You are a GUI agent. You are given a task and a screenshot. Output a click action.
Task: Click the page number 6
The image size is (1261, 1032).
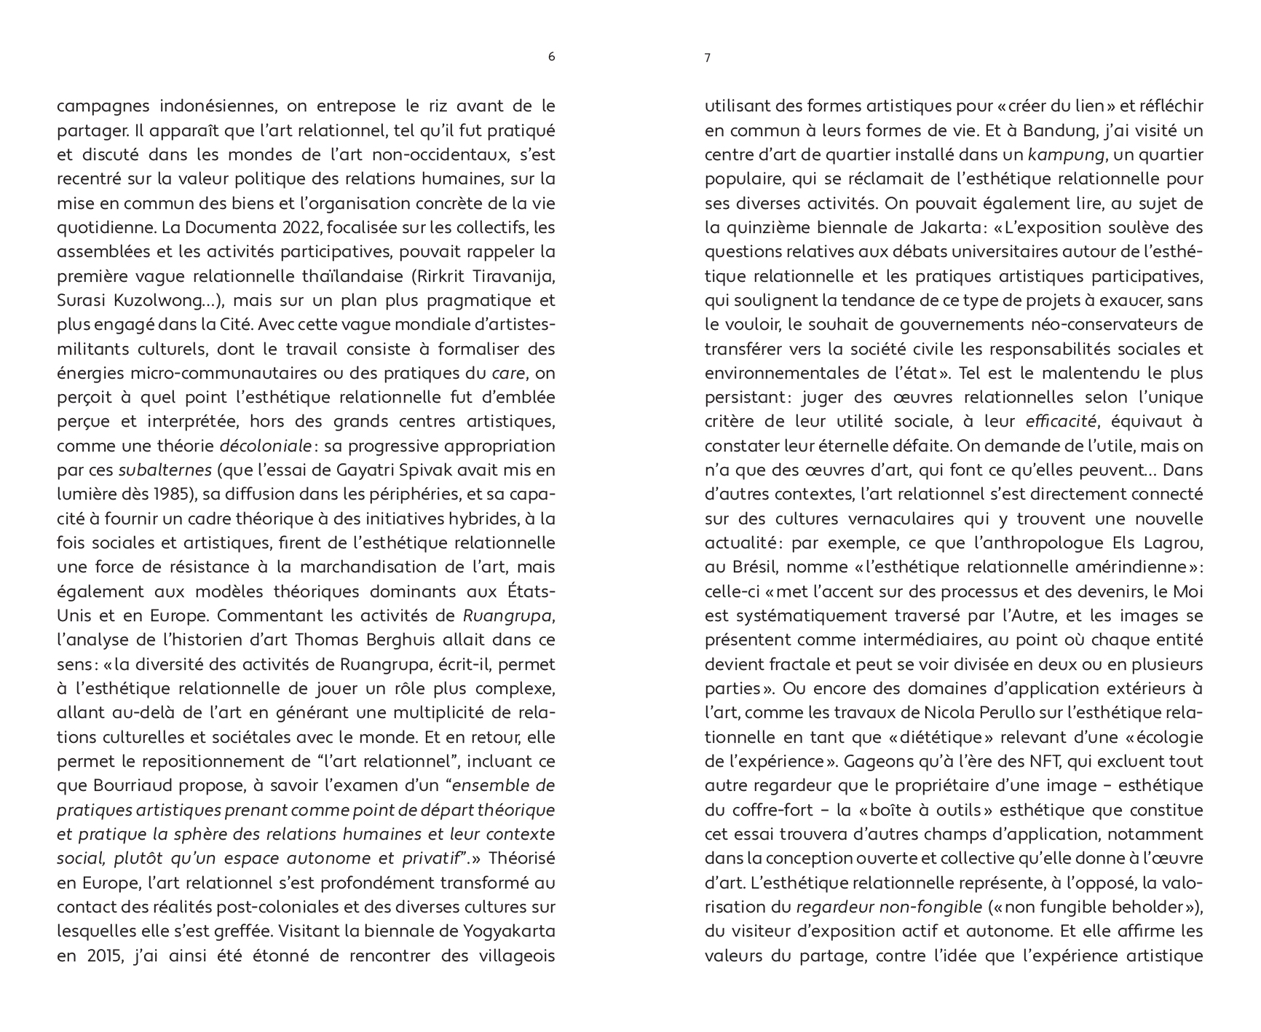551,57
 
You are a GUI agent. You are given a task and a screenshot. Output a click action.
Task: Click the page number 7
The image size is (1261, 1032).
708,58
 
